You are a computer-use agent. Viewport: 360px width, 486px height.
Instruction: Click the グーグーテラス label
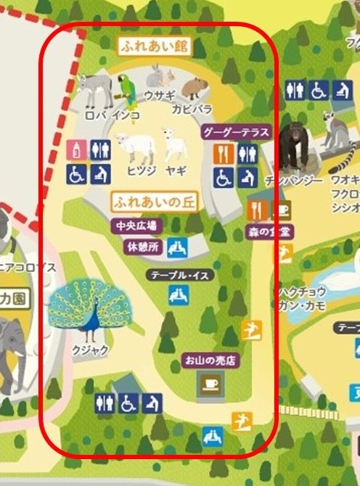[236, 132]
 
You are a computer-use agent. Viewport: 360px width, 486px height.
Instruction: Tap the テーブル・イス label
[174, 276]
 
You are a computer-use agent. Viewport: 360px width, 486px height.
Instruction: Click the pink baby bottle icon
[77, 149]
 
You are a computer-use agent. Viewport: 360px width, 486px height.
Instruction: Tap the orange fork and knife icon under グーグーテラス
[224, 152]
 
